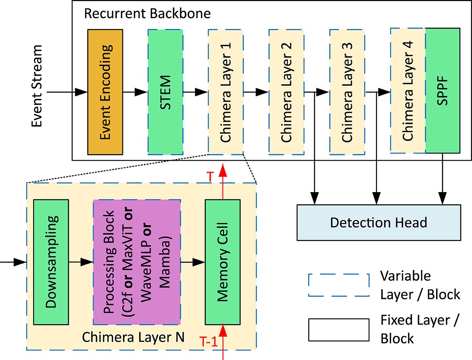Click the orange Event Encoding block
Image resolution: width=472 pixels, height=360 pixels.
(105, 92)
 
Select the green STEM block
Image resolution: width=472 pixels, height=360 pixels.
(165, 92)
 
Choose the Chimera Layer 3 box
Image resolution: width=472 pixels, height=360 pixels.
(347, 92)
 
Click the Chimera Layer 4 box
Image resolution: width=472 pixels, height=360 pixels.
(408, 92)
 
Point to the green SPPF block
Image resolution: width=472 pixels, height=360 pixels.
(443, 92)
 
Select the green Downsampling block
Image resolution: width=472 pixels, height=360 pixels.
(51, 262)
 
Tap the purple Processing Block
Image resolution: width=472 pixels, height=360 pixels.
(137, 262)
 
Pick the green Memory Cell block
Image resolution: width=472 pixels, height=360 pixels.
(222, 262)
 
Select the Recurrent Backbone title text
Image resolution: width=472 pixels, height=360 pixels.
(147, 14)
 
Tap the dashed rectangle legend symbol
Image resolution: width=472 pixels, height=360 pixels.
(339, 285)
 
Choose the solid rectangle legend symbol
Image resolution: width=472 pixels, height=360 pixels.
(339, 329)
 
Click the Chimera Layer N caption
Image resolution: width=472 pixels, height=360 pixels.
(133, 337)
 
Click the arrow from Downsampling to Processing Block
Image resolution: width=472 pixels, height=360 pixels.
(81, 262)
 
